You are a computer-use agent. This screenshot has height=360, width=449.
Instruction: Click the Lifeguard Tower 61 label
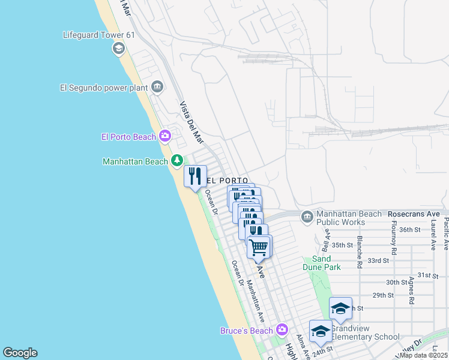coord(99,35)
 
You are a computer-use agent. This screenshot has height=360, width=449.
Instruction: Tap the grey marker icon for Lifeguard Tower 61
coord(118,48)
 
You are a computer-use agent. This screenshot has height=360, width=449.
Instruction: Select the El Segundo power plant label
coord(104,87)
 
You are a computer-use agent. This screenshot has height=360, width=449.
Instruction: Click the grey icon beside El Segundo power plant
coord(157,87)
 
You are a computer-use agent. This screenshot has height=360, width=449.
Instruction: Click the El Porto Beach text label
coord(128,137)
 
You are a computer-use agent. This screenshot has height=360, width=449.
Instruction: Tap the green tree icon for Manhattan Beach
coord(176,160)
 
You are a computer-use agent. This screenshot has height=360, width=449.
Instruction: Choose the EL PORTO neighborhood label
coord(227,180)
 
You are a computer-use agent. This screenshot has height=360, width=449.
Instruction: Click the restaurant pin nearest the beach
coord(195,176)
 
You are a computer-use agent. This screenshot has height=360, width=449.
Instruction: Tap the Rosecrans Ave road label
coord(414,213)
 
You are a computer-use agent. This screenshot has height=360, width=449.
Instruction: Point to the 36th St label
coord(409,229)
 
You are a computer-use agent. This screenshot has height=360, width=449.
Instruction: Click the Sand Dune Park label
coord(326,263)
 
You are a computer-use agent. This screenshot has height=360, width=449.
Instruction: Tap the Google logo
coord(20,353)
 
